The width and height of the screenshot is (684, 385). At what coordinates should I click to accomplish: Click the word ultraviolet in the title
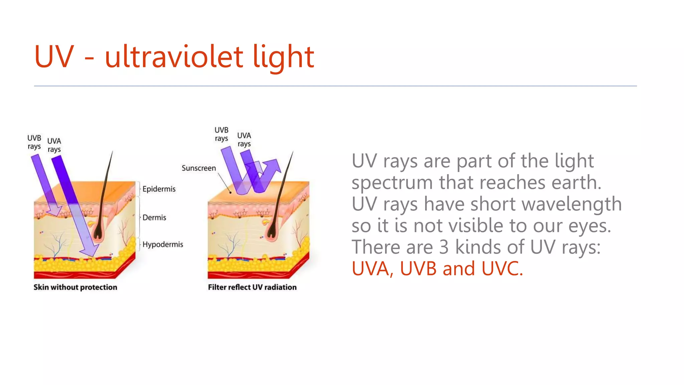tap(174, 57)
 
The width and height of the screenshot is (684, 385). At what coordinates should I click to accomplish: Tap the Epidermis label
tap(159, 189)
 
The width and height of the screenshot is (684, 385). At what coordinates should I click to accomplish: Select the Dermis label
tap(154, 218)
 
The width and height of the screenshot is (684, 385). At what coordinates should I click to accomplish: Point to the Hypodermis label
tap(163, 245)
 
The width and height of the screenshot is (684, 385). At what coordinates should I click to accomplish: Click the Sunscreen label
tap(199, 168)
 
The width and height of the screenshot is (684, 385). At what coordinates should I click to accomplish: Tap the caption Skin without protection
tap(75, 287)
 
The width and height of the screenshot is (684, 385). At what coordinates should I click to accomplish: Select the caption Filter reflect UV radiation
tap(252, 287)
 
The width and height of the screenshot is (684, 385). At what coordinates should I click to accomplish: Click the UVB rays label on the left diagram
tap(34, 142)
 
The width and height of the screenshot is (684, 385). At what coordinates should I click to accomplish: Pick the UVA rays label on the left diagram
tap(54, 145)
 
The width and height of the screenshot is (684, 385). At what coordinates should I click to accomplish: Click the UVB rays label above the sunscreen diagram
tap(221, 134)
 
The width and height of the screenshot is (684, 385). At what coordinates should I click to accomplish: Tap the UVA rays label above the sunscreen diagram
tap(244, 139)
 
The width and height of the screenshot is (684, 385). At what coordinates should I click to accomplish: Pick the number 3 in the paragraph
tap(444, 247)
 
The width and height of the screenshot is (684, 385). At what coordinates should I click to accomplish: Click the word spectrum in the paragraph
tap(392, 183)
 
